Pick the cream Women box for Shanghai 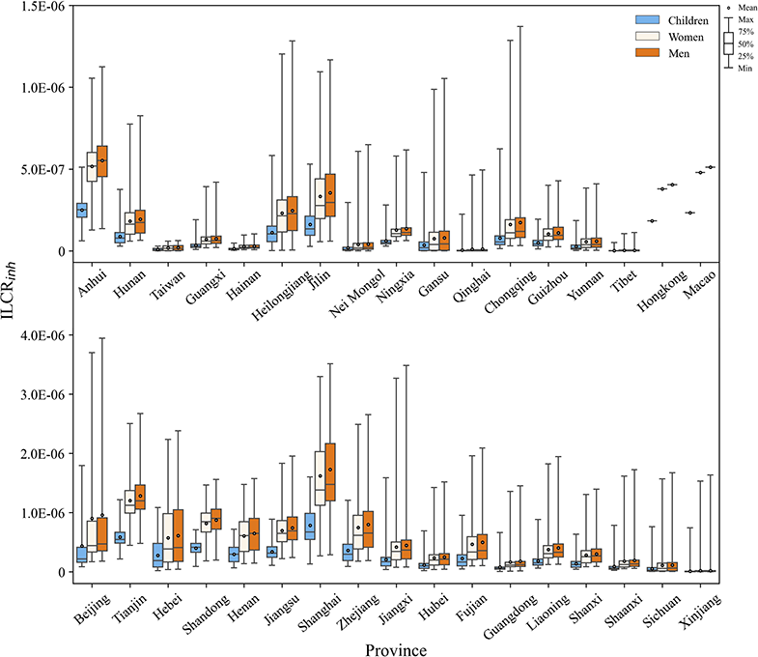click(x=320, y=478)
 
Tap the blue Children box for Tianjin click(x=120, y=537)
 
